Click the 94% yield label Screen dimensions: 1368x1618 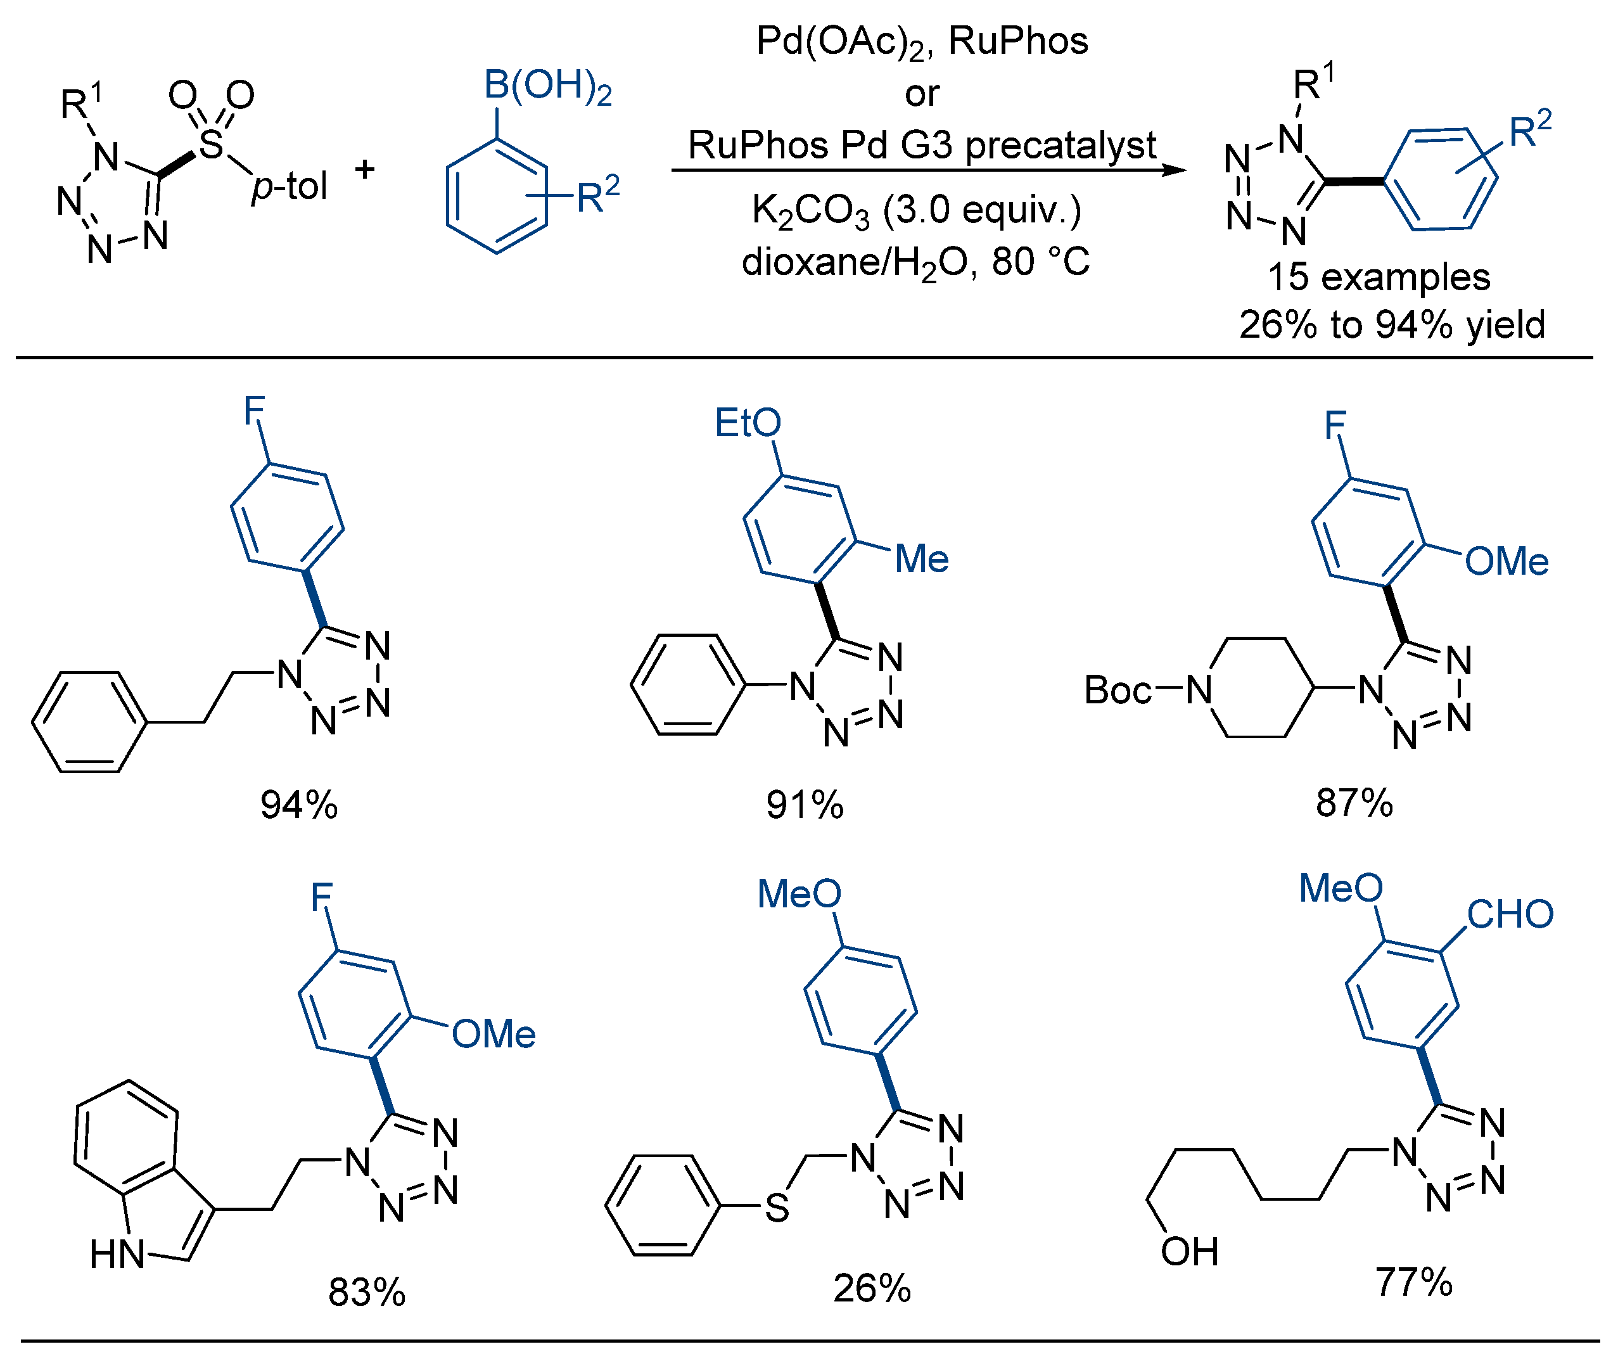(x=298, y=805)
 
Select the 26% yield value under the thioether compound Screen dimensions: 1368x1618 (x=872, y=1288)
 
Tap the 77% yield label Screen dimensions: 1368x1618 (x=1413, y=1282)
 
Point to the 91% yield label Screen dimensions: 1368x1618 (x=804, y=805)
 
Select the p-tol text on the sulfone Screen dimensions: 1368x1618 (x=289, y=187)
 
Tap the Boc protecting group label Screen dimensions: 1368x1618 (x=1117, y=689)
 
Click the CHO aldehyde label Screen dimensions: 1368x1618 (x=1510, y=914)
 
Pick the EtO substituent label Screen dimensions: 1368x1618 (x=748, y=423)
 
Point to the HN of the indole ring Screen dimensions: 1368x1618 (x=117, y=1254)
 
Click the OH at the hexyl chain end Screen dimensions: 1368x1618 (x=1189, y=1251)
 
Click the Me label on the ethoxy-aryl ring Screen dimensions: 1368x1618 (x=921, y=558)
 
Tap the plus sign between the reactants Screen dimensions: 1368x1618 (x=364, y=169)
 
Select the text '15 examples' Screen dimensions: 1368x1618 (x=1378, y=277)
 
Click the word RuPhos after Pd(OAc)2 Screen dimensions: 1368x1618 (x=1018, y=41)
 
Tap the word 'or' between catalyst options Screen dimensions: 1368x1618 (x=922, y=94)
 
